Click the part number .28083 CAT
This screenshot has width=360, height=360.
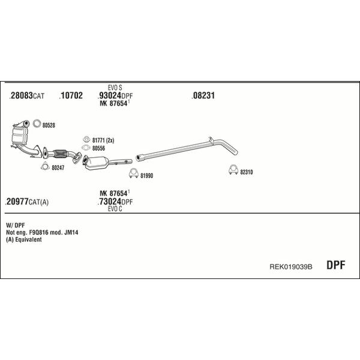point(26,95)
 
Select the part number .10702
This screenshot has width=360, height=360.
point(71,95)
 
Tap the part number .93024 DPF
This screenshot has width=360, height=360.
point(115,95)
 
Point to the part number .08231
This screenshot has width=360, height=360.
point(203,95)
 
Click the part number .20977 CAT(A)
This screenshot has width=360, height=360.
point(26,202)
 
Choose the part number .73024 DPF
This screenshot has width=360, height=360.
point(115,202)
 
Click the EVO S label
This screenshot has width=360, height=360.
point(115,88)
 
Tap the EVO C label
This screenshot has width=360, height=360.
point(115,209)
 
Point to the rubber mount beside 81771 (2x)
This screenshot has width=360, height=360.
point(86,139)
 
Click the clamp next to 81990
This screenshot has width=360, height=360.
point(134,174)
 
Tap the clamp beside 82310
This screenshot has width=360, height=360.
point(233,170)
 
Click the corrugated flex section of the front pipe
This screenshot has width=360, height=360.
point(60,154)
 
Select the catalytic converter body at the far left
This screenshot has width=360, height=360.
point(19,136)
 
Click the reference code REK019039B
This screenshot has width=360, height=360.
point(290,267)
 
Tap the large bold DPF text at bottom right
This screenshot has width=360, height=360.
point(335,265)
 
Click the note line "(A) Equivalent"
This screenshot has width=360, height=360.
point(24,239)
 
